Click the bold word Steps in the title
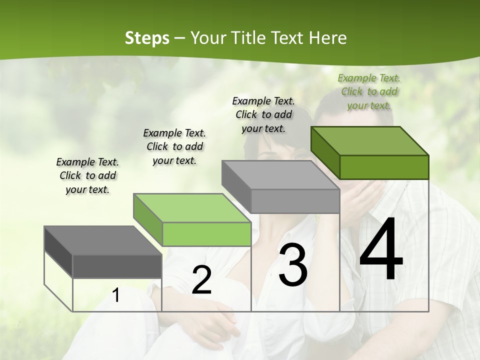click(146, 38)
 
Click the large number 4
click(381, 250)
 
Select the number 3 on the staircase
click(292, 265)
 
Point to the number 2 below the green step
click(201, 280)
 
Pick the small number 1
click(116, 295)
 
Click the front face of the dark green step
click(384, 167)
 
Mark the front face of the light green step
click(206, 234)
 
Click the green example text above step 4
click(369, 91)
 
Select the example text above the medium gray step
click(263, 114)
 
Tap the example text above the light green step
click(174, 146)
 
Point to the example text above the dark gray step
click(87, 175)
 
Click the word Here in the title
click(328, 38)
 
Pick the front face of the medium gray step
click(295, 201)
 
